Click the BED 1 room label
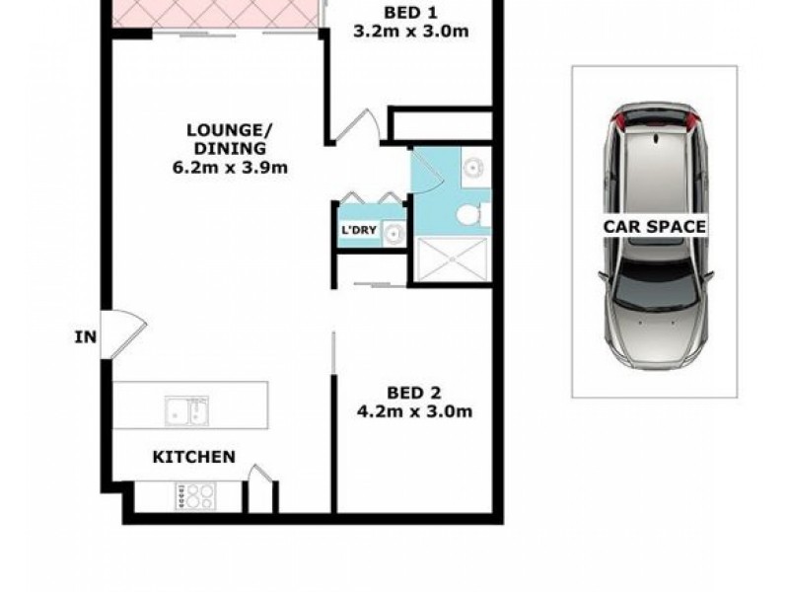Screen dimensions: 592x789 click(x=409, y=13)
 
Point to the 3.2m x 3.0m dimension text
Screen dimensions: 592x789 click(x=409, y=32)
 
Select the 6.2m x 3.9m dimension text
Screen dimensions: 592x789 click(x=230, y=167)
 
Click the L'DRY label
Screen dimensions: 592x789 click(x=356, y=232)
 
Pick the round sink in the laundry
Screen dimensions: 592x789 click(x=393, y=233)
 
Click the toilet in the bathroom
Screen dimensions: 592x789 click(x=472, y=213)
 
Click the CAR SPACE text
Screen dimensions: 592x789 click(x=655, y=226)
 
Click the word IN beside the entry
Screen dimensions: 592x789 click(x=86, y=337)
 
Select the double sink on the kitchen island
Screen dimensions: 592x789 click(x=188, y=408)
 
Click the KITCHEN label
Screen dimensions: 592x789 click(x=192, y=457)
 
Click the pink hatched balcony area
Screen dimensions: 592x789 click(x=217, y=13)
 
